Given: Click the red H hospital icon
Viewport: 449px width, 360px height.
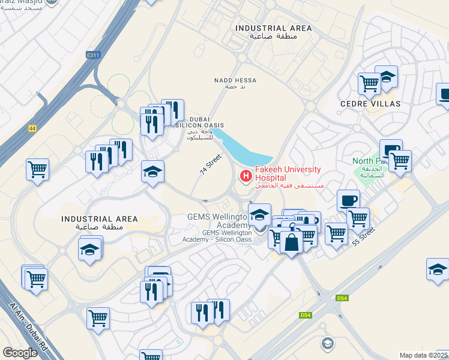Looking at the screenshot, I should [246, 176].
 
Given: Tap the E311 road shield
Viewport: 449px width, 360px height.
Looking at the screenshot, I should [92, 55].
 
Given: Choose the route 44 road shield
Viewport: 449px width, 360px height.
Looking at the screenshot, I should [31, 128].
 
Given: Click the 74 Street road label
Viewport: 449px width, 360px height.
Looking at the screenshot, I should [211, 164].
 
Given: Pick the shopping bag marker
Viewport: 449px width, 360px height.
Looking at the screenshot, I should [291, 242].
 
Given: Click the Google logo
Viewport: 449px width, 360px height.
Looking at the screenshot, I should [20, 352].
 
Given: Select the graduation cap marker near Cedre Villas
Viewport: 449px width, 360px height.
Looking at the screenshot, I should [387, 77].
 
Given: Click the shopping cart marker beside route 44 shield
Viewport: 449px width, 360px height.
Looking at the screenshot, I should [38, 170].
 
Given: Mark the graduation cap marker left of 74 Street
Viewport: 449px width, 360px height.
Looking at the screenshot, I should [152, 172].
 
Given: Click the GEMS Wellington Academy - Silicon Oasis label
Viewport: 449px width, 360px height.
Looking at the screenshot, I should [221, 236].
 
